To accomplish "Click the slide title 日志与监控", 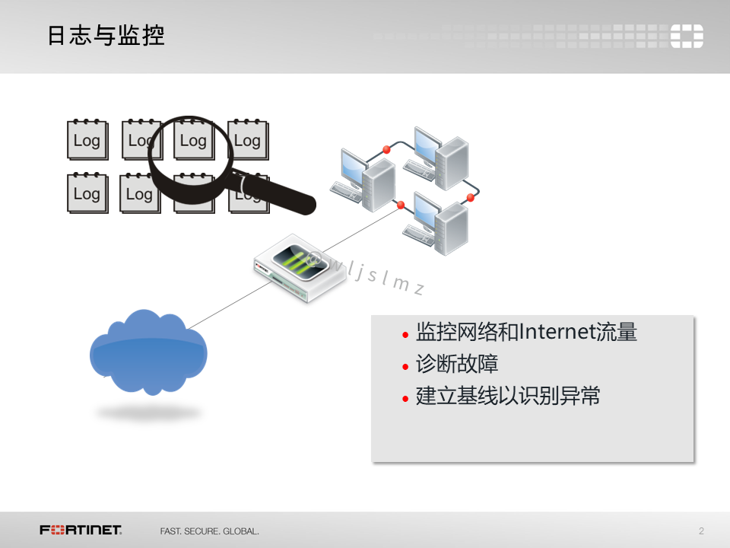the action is pyautogui.click(x=106, y=36).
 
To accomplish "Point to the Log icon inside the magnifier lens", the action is pyautogui.click(x=192, y=141).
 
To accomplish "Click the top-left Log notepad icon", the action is pyautogui.click(x=87, y=141).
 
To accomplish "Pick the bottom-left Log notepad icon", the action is pyautogui.click(x=87, y=194).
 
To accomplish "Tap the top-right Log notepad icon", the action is pyautogui.click(x=247, y=141).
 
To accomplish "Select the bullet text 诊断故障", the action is pyautogui.click(x=457, y=364).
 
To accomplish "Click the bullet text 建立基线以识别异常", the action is pyautogui.click(x=508, y=396).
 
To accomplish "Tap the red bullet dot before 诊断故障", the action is pyautogui.click(x=405, y=367).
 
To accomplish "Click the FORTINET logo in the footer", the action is pyautogui.click(x=81, y=530).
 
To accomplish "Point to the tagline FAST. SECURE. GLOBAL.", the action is pyautogui.click(x=209, y=530).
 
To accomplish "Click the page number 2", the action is pyautogui.click(x=701, y=530).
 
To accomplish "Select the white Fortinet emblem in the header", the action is pyautogui.click(x=687, y=36).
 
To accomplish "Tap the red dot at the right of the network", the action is pyautogui.click(x=470, y=198).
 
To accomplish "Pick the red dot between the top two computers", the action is pyautogui.click(x=386, y=150).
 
